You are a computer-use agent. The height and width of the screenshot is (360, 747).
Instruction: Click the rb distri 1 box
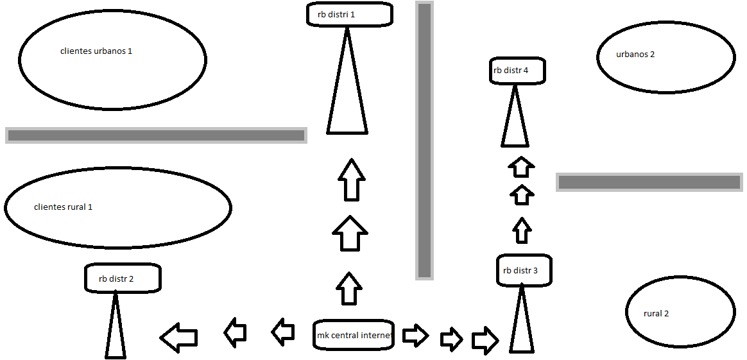349,13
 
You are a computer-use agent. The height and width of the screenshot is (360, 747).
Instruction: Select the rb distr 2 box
123,279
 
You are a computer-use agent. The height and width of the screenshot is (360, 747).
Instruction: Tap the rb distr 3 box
524,270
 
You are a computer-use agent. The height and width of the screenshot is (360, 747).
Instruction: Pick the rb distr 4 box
517,71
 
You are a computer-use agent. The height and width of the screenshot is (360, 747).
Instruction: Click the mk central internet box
354,335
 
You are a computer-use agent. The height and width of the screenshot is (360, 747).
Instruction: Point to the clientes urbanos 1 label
96,51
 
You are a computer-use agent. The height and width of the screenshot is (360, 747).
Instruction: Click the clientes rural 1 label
63,207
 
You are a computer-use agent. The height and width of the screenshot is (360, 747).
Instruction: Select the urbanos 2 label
635,55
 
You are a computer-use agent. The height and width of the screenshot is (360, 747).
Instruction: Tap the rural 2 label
656,314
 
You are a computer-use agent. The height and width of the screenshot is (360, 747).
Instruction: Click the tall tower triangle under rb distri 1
347,90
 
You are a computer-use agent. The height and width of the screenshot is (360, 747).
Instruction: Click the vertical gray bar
424,140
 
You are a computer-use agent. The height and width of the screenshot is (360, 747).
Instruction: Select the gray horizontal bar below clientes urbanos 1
156,135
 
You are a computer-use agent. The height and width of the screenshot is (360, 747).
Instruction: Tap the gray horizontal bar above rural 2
649,182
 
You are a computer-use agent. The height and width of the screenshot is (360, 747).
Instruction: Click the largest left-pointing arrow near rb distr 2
179,338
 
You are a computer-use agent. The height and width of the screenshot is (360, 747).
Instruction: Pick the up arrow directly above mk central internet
349,289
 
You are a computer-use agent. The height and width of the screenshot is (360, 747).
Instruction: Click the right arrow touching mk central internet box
415,335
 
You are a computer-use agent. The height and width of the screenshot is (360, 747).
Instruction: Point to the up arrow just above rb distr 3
522,230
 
